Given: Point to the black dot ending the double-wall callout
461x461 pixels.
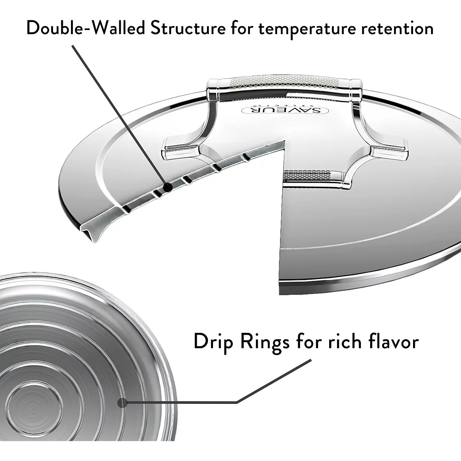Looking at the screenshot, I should [x=168, y=187].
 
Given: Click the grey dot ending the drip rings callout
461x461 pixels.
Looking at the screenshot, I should [x=122, y=402].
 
